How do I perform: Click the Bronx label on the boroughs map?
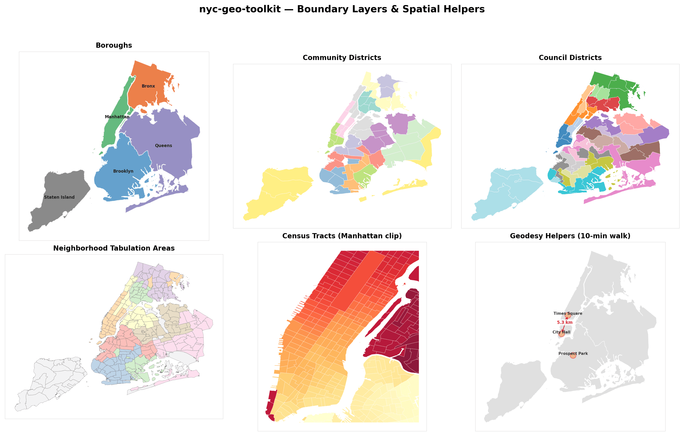tap(148, 86)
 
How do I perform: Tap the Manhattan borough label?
tap(117, 117)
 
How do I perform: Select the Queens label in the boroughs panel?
tap(163, 146)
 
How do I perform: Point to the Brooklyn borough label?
tap(123, 171)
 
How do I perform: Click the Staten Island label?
tap(59, 197)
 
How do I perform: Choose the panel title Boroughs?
tap(114, 45)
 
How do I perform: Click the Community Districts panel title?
tap(342, 58)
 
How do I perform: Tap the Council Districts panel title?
tap(570, 58)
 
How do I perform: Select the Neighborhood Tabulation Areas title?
tap(114, 248)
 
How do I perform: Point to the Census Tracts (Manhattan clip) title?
tap(342, 236)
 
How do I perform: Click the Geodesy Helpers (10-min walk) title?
tap(570, 236)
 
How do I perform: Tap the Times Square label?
tap(568, 313)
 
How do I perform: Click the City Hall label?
tap(561, 332)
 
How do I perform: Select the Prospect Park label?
tap(573, 353)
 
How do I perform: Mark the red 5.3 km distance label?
tap(565, 322)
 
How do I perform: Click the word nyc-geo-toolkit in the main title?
tap(240, 9)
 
